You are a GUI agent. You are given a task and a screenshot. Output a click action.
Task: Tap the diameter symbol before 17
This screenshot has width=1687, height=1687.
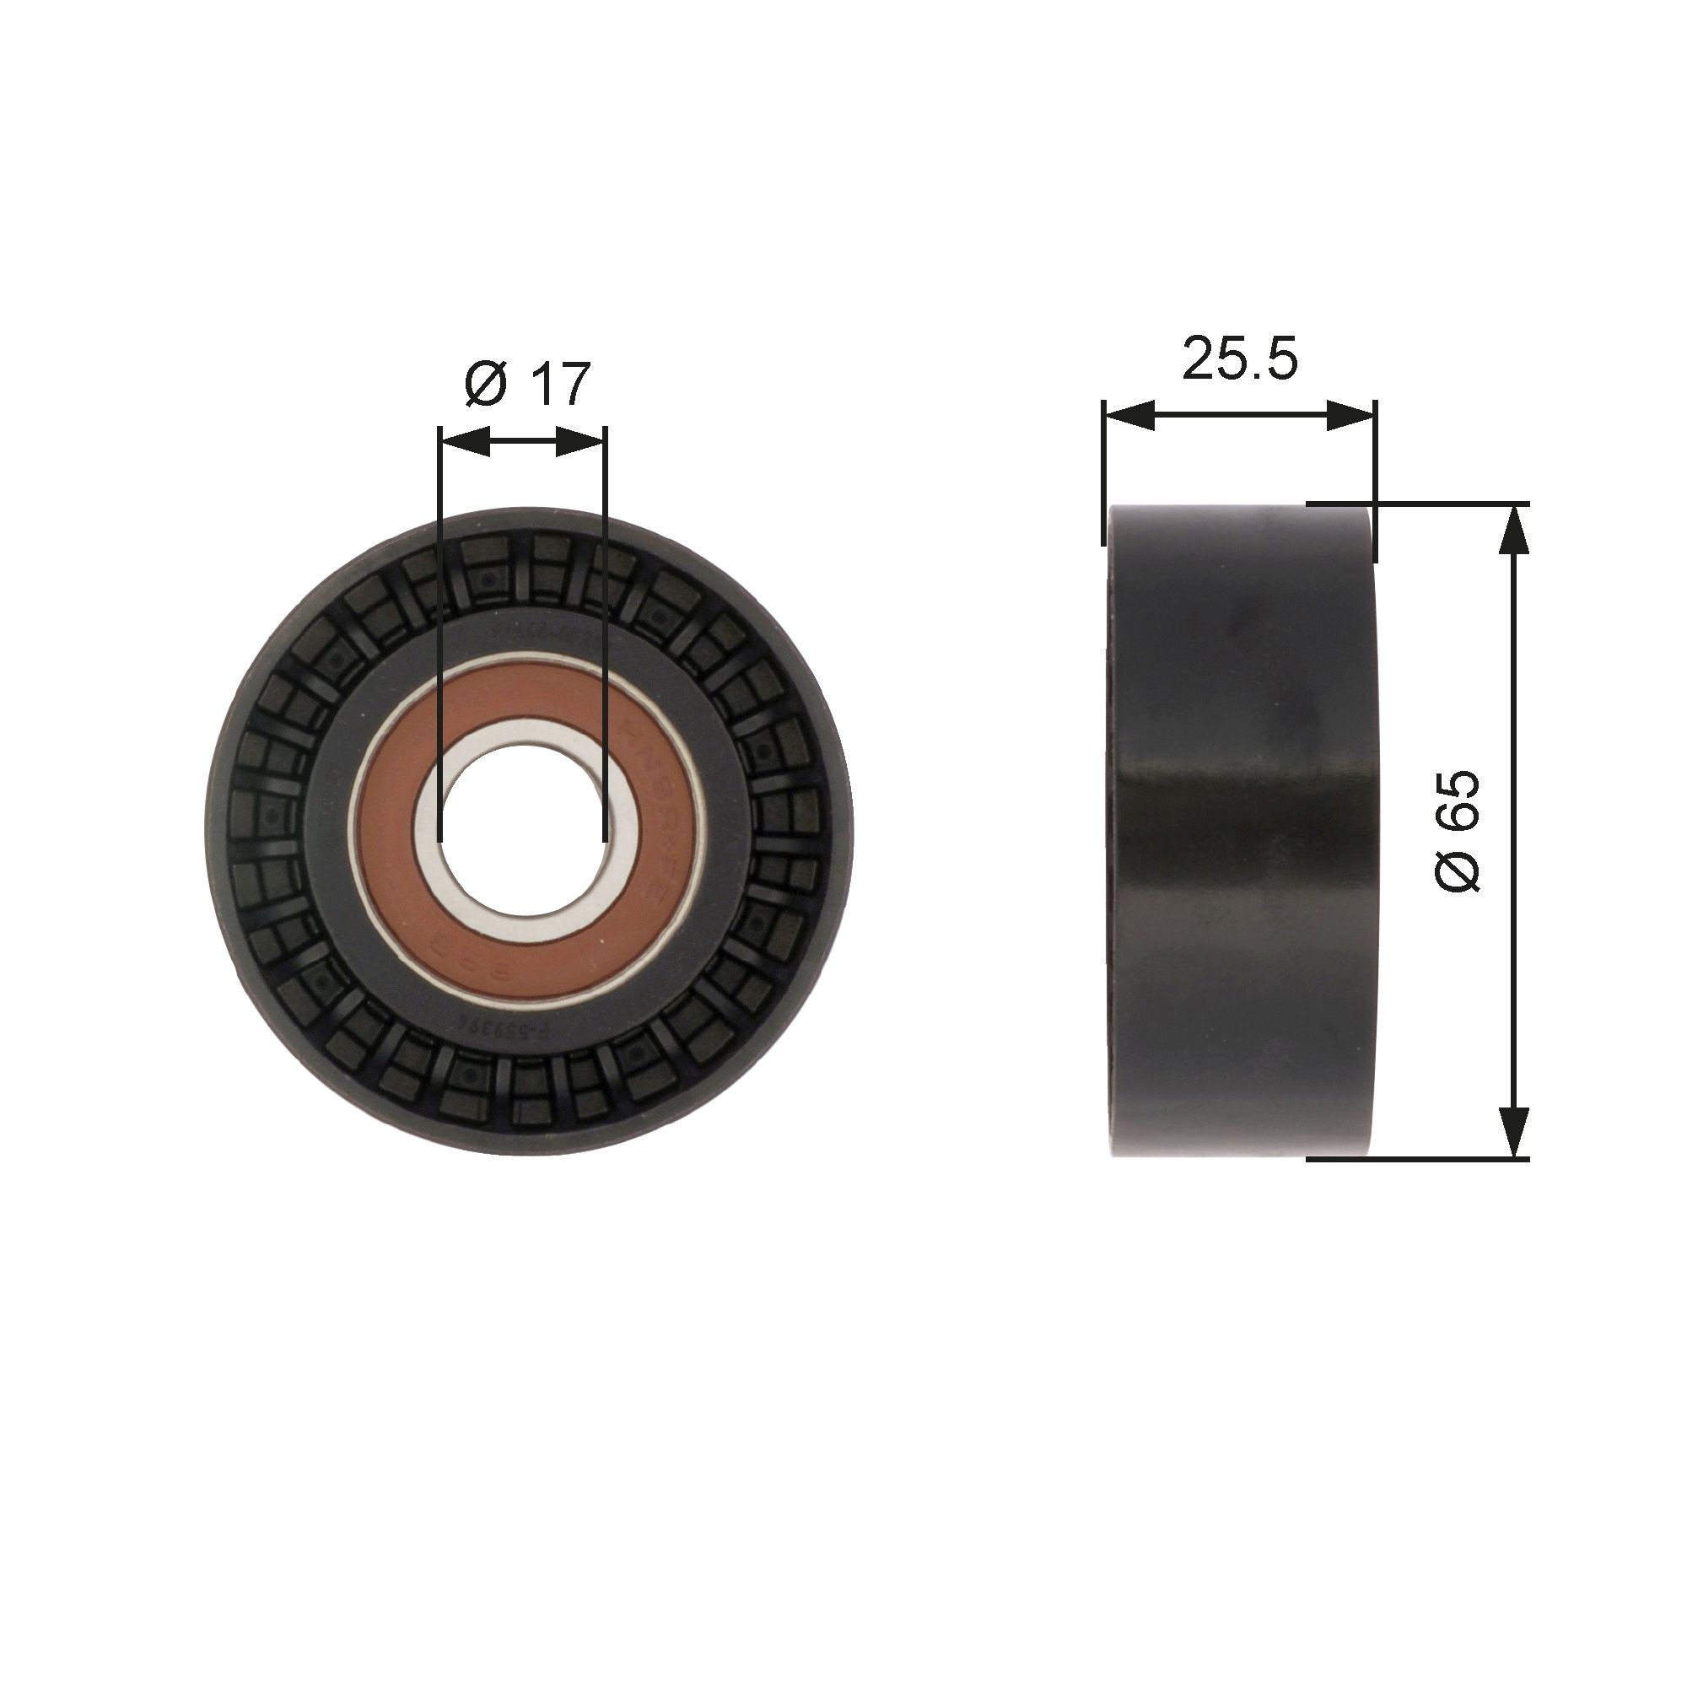click(487, 385)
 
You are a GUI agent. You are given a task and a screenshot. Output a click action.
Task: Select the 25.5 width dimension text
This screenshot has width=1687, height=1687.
click(1240, 358)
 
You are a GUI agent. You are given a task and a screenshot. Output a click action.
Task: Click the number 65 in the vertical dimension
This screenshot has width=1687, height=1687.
click(1458, 800)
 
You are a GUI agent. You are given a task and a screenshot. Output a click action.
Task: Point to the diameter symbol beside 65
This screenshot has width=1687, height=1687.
click(1458, 869)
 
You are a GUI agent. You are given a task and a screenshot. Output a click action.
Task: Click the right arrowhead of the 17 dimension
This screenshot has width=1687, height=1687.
click(580, 443)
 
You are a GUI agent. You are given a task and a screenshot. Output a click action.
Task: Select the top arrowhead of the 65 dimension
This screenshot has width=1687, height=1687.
click(1514, 530)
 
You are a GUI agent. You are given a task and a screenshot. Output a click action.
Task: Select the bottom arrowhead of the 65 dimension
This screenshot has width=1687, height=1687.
click(1514, 1133)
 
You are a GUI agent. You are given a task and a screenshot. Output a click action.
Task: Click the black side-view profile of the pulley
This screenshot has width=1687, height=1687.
click(1240, 829)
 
